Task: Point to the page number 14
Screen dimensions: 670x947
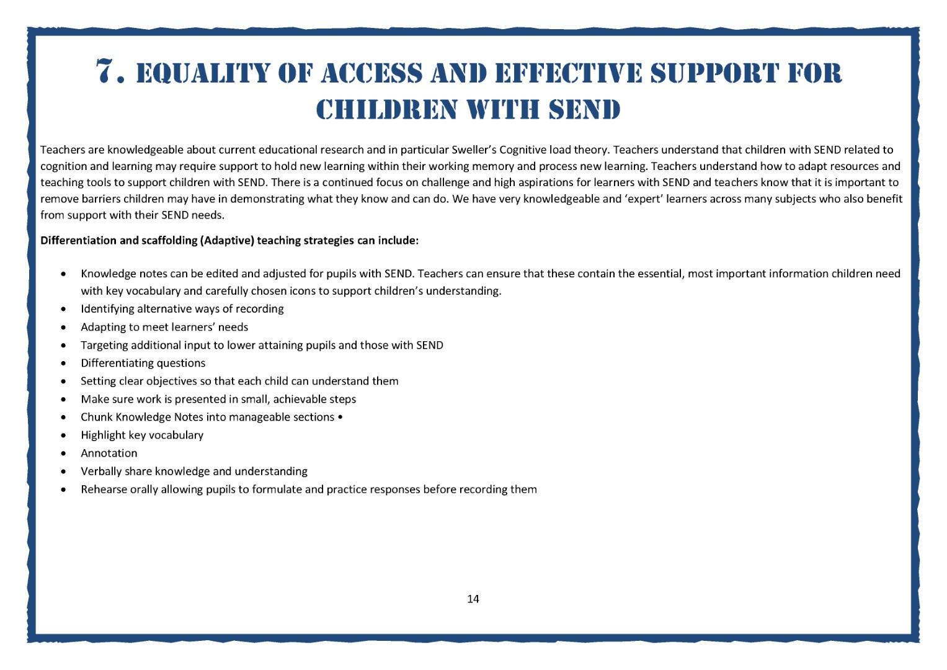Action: click(x=473, y=599)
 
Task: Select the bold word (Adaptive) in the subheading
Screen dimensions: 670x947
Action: click(x=227, y=240)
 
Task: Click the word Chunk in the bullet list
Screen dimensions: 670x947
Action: click(x=96, y=417)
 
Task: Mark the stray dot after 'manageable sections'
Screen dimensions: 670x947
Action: click(x=340, y=417)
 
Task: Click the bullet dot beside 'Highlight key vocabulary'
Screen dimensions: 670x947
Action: click(x=64, y=435)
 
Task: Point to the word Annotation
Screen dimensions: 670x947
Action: click(x=109, y=453)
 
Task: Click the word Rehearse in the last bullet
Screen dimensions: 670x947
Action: click(x=104, y=489)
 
